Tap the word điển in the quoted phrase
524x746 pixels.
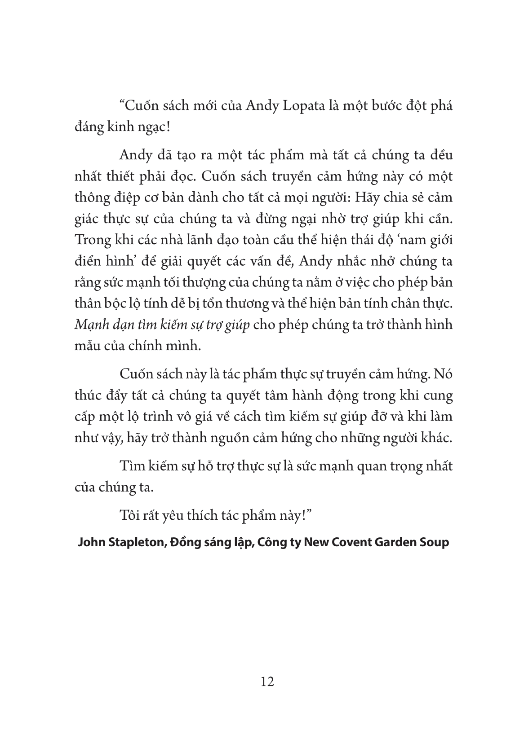89,261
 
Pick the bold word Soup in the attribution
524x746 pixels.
434,542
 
